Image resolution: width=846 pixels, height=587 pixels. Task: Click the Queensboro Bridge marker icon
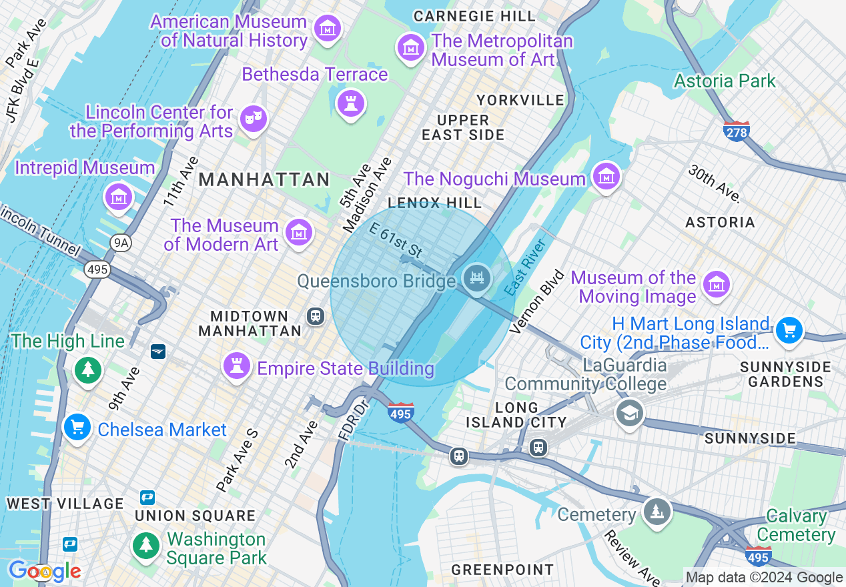(476, 278)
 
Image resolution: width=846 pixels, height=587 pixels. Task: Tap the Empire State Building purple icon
(236, 365)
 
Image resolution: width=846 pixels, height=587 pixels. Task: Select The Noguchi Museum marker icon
(606, 177)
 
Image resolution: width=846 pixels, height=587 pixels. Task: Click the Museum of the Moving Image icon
(716, 284)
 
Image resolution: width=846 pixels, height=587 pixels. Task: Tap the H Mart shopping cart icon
(789, 330)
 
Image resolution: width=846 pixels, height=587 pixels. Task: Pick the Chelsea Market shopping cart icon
(77, 427)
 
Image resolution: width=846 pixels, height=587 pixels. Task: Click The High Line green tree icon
(87, 368)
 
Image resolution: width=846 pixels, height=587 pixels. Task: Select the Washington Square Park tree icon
(145, 545)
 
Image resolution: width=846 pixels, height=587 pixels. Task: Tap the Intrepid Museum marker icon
(118, 197)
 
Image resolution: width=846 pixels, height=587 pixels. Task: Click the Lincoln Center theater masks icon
(253, 118)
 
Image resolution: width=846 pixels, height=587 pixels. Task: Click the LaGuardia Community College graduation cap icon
(628, 412)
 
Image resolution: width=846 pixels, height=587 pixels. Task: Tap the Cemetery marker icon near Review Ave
(657, 512)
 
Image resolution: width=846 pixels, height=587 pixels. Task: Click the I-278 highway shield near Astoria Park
(737, 131)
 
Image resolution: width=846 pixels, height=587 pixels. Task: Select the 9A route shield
(121, 243)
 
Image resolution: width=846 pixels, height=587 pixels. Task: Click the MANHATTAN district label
(264, 179)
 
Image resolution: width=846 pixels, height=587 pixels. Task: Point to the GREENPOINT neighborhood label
(502, 570)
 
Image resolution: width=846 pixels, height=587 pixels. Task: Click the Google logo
(44, 571)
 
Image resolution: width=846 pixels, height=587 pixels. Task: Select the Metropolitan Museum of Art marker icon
(411, 47)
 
